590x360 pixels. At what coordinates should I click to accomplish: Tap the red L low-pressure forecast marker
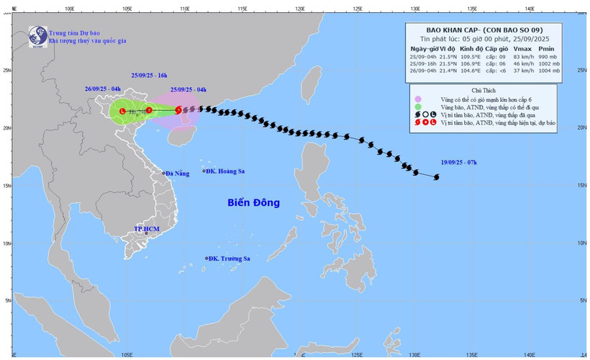coord(123,111)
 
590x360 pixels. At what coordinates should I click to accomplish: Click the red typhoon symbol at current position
coord(178,110)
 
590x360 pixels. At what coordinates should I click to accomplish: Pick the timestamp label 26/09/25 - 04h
coord(102,89)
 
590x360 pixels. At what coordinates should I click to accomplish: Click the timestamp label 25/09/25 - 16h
coord(150,75)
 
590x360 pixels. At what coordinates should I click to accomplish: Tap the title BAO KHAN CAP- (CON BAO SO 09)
coord(494,30)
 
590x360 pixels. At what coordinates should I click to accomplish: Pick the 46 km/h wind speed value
coord(524,63)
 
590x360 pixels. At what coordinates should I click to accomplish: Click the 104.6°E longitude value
coord(465,71)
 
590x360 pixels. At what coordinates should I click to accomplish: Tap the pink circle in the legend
coord(417,98)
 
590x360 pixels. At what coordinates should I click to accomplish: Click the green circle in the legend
coord(417,107)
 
